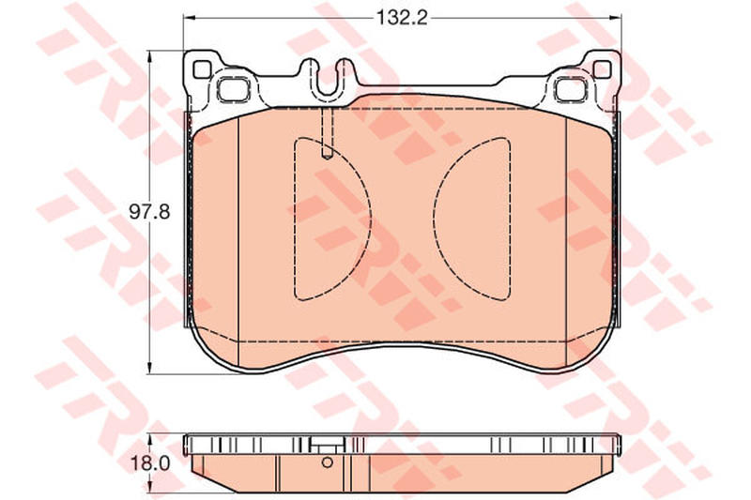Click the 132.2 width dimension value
click(402, 18)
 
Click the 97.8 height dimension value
click(149, 211)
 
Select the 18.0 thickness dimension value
click(149, 463)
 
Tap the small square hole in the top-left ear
click(202, 69)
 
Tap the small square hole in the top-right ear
click(602, 69)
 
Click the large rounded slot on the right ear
click(571, 89)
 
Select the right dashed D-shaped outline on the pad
click(510, 220)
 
